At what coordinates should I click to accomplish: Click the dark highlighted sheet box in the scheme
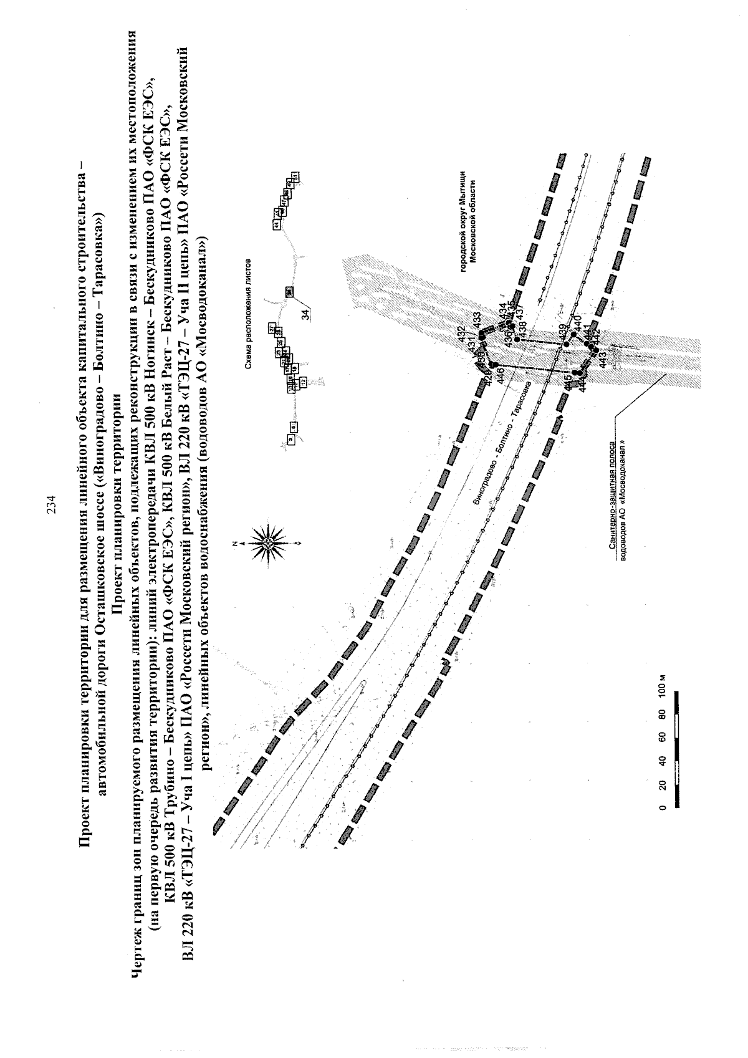tap(290, 291)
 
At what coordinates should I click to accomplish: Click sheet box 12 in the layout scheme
tap(304, 381)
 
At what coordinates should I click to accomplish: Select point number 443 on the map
tap(602, 359)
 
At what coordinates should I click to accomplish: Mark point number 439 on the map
tap(563, 331)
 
